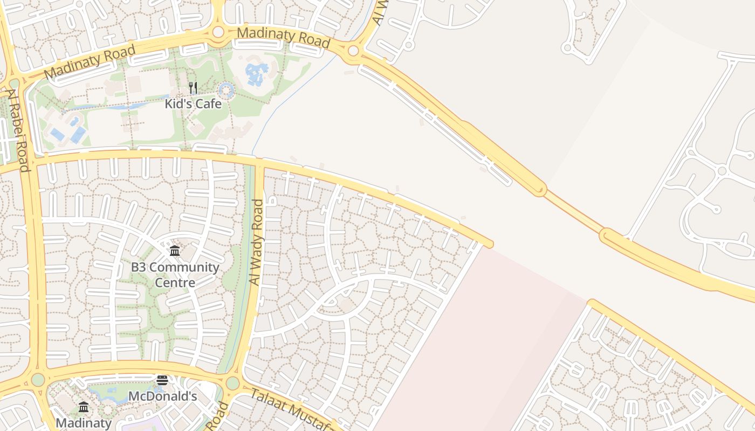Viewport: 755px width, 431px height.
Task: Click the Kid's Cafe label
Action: pos(193,103)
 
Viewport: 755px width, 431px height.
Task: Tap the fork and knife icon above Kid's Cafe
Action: pos(193,88)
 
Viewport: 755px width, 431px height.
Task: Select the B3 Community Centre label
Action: pos(175,274)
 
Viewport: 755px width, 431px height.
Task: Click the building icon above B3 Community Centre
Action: pos(175,251)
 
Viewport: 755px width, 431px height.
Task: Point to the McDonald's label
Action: pos(162,397)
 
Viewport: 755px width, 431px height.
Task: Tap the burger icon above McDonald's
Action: pos(162,380)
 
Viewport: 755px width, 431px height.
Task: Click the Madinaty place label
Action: pos(84,423)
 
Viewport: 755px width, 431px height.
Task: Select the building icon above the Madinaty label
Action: pos(84,407)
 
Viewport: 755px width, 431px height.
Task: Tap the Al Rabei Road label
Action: pos(17,130)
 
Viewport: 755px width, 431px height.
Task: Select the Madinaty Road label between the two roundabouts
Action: pos(283,37)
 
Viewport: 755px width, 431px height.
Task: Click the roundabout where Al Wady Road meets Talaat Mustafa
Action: pos(232,383)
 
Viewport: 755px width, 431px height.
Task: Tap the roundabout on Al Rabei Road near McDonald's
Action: pos(38,379)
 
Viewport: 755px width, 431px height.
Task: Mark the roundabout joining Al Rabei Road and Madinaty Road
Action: pos(15,84)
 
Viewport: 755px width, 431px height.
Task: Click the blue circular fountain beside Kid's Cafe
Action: pos(225,91)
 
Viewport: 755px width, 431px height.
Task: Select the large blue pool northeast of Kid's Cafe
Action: pos(257,74)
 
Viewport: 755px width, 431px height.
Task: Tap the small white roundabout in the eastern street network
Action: pos(722,171)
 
